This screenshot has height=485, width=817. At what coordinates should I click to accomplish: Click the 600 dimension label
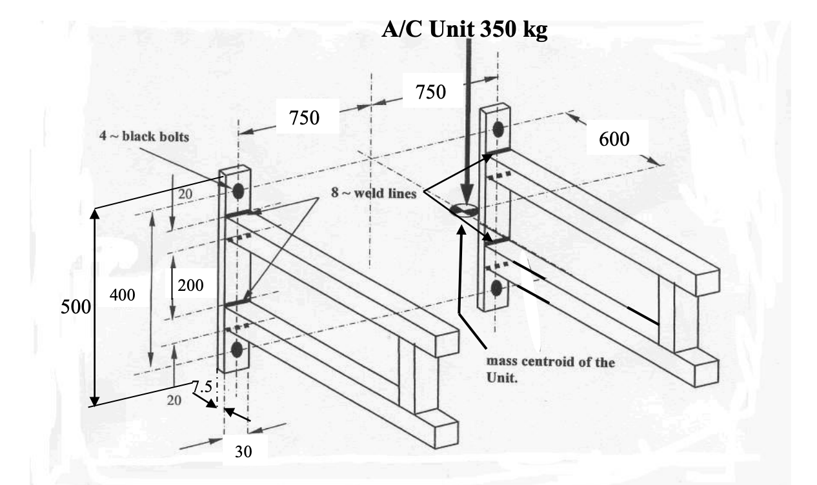tap(614, 140)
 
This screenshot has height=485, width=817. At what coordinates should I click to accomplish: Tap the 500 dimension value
tap(74, 306)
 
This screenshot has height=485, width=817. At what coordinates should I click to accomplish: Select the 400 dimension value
tap(123, 295)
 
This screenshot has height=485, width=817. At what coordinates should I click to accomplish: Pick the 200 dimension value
tap(190, 286)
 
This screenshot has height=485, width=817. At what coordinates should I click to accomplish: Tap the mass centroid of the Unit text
tap(549, 370)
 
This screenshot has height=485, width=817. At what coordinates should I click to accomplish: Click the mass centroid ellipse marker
tap(465, 209)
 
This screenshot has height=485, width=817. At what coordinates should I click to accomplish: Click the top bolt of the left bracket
tap(237, 191)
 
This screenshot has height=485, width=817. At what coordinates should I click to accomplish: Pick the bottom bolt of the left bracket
tap(236, 350)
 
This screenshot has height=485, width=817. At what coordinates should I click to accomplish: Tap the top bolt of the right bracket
tap(498, 129)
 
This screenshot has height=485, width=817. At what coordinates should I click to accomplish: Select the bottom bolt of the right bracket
tap(496, 288)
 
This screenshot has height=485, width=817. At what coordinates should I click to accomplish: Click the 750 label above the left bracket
tap(304, 118)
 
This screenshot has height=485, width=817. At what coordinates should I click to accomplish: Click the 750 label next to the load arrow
tap(430, 92)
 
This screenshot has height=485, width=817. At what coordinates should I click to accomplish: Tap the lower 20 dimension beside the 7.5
tap(174, 401)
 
